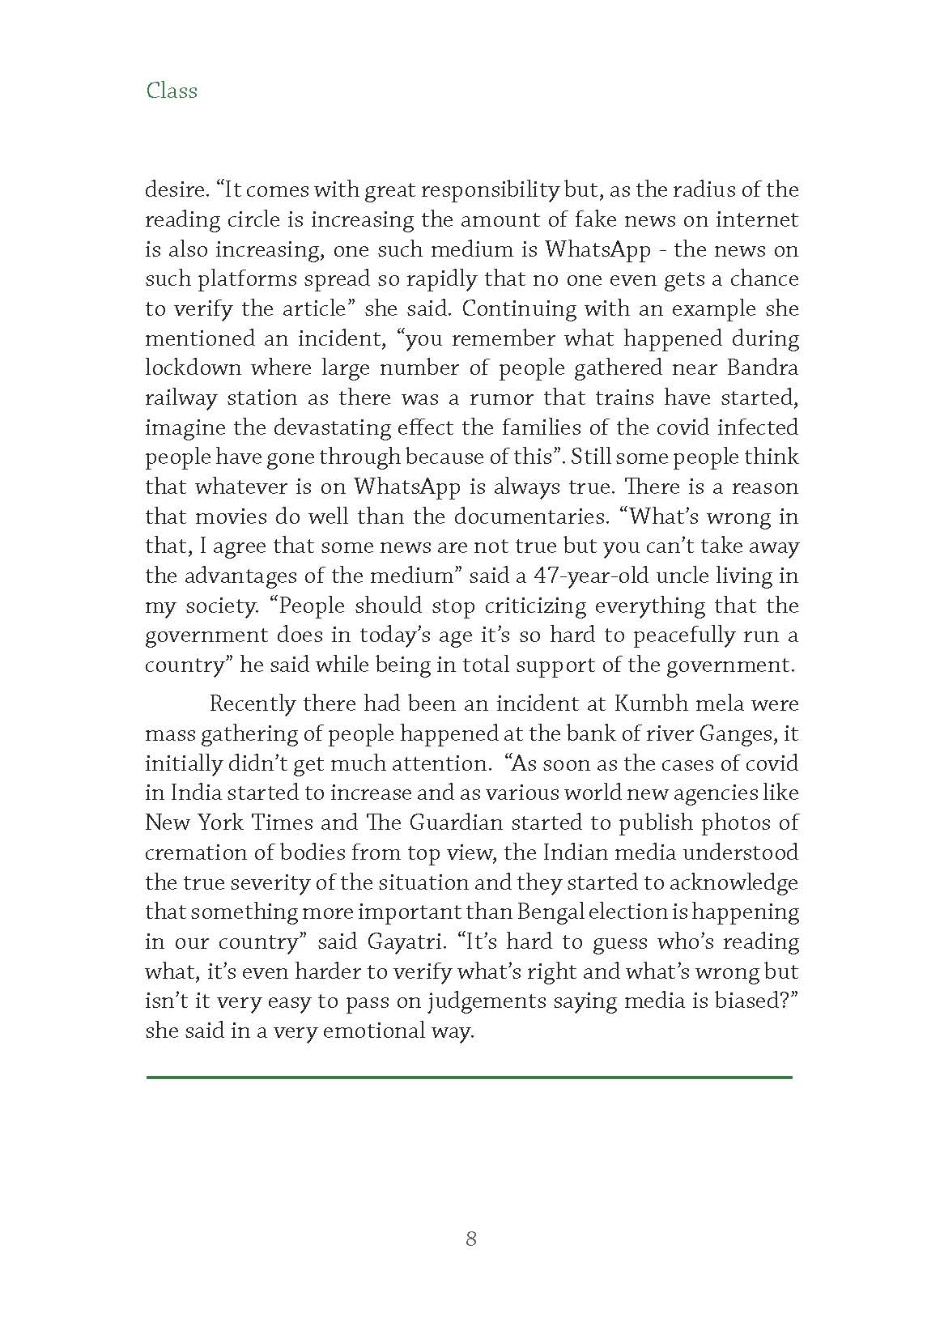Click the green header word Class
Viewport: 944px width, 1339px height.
(x=172, y=91)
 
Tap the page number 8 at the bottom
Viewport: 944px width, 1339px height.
(x=471, y=1239)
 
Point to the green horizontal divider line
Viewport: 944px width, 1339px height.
(x=469, y=1078)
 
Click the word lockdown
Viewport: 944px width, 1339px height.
(x=193, y=368)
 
